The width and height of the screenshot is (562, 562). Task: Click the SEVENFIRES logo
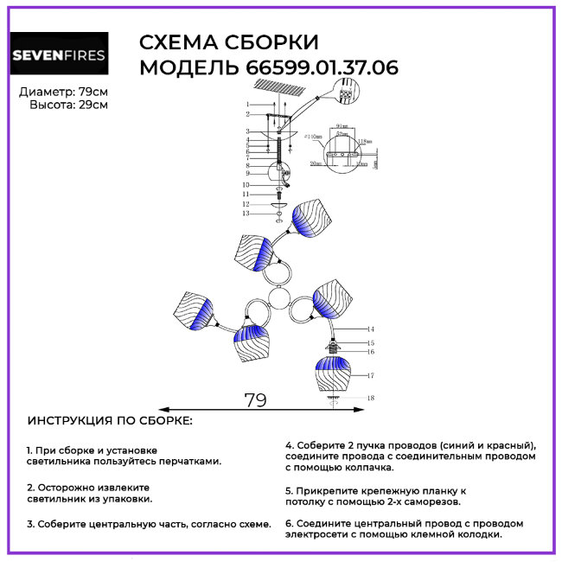pos(59,57)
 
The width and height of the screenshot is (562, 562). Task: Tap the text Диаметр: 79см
pos(63,92)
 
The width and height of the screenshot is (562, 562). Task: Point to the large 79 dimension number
pos(255,400)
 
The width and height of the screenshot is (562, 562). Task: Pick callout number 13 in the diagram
pos(246,213)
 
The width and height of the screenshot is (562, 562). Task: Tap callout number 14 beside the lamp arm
pos(369,329)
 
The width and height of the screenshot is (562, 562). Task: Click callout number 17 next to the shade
pos(369,375)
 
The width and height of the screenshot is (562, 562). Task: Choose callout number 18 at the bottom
pos(369,398)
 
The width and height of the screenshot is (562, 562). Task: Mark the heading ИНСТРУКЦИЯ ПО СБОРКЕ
pos(111,421)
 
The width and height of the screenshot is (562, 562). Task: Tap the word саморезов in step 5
pos(429,501)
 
